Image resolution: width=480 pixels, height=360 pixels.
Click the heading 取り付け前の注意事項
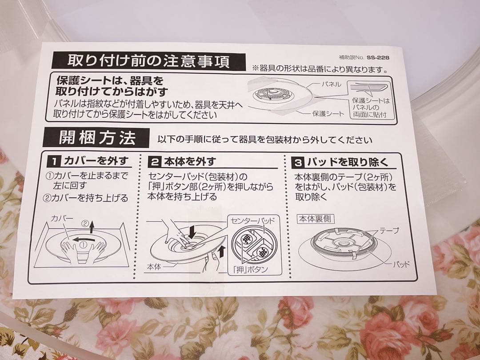[148, 61]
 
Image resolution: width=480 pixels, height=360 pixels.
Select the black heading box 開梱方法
[96, 138]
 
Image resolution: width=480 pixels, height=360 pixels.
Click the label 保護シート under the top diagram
[328, 114]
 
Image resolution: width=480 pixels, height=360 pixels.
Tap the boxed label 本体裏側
[316, 219]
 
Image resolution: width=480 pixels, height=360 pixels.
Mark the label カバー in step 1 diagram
[62, 218]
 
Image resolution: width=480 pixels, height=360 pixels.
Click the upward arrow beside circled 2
[91, 227]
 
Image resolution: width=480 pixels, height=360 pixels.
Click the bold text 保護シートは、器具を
[110, 81]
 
